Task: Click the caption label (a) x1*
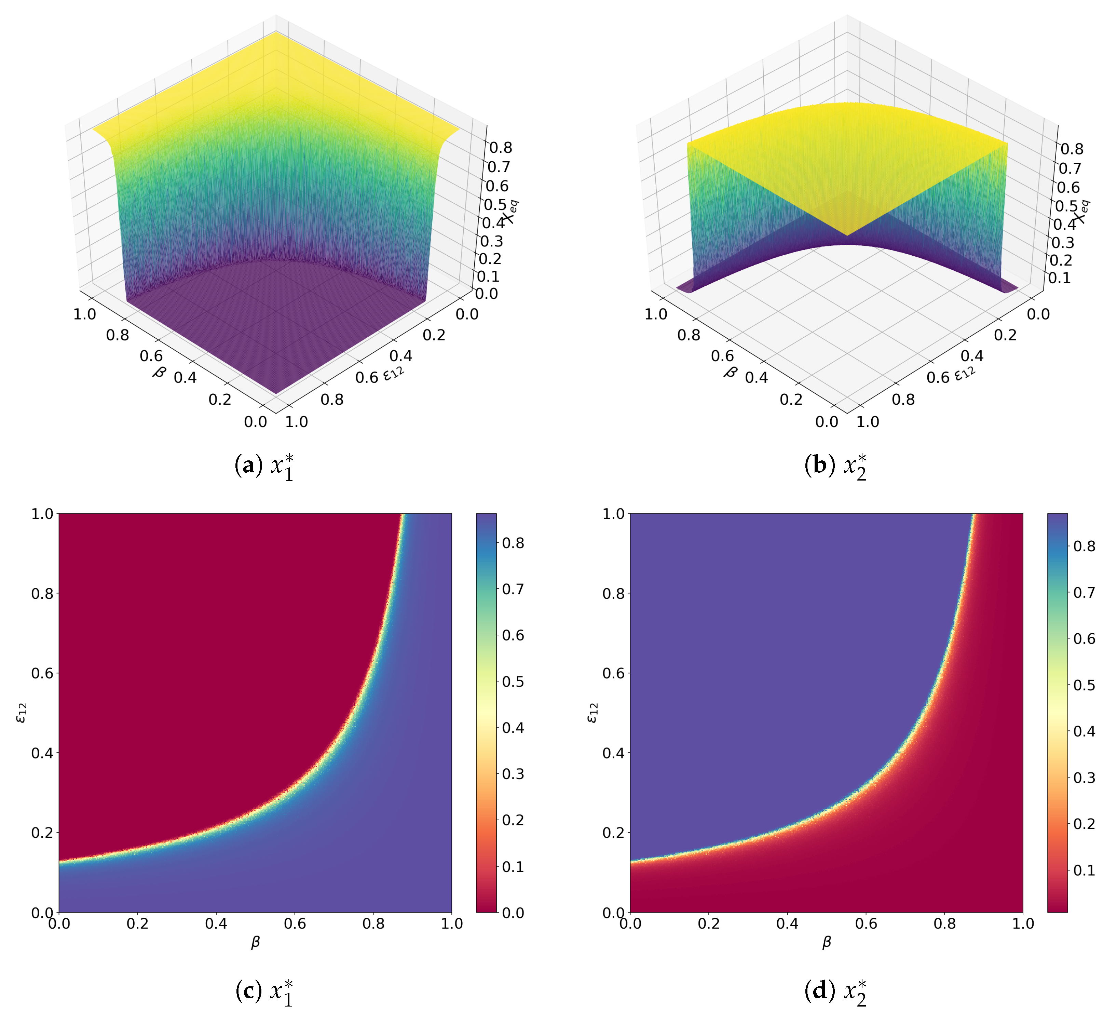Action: coord(264,467)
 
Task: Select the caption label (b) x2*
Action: coord(835,467)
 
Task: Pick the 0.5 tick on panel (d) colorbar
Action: coord(1084,685)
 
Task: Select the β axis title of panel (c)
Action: coord(256,942)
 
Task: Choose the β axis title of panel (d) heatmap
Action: coord(827,942)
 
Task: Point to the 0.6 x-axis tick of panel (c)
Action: coord(295,923)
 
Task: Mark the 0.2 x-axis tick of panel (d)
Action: coord(709,923)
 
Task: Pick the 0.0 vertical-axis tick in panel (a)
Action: coord(486,293)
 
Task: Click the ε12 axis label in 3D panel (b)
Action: coord(965,373)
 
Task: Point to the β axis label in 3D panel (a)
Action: coord(159,371)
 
